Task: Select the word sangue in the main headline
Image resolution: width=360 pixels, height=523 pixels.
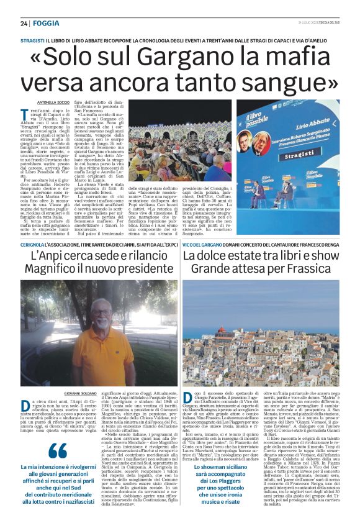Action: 292,81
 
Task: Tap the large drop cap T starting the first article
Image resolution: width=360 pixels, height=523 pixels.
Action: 43,116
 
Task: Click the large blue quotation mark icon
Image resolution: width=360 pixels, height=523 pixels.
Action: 57,452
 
